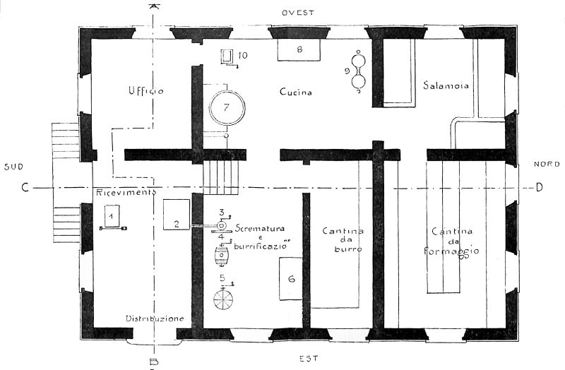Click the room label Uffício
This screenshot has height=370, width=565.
coord(146,90)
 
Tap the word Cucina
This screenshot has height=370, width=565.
coord(296,92)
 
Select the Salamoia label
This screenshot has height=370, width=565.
coord(446,85)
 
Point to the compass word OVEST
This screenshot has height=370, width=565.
coord(298,13)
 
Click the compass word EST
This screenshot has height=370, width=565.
coord(309,358)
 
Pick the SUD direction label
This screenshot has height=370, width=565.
coord(13,167)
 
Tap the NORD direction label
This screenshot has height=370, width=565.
coord(547,164)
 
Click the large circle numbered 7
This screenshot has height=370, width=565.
coord(227,107)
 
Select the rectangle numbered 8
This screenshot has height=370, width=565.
coord(299,50)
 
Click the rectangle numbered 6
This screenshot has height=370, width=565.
coord(291,278)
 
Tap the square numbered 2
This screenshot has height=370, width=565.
coord(177,215)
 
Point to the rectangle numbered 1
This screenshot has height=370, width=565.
coord(112,216)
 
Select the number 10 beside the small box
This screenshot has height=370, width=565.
coord(242,56)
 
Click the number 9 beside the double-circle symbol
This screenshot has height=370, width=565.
coord(347,71)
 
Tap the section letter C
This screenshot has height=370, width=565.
coord(25,188)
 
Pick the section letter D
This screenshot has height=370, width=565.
coord(539,187)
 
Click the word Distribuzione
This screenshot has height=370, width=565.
coord(155,318)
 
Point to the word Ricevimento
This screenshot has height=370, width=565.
coord(126,192)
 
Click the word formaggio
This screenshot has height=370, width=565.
coord(451,251)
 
